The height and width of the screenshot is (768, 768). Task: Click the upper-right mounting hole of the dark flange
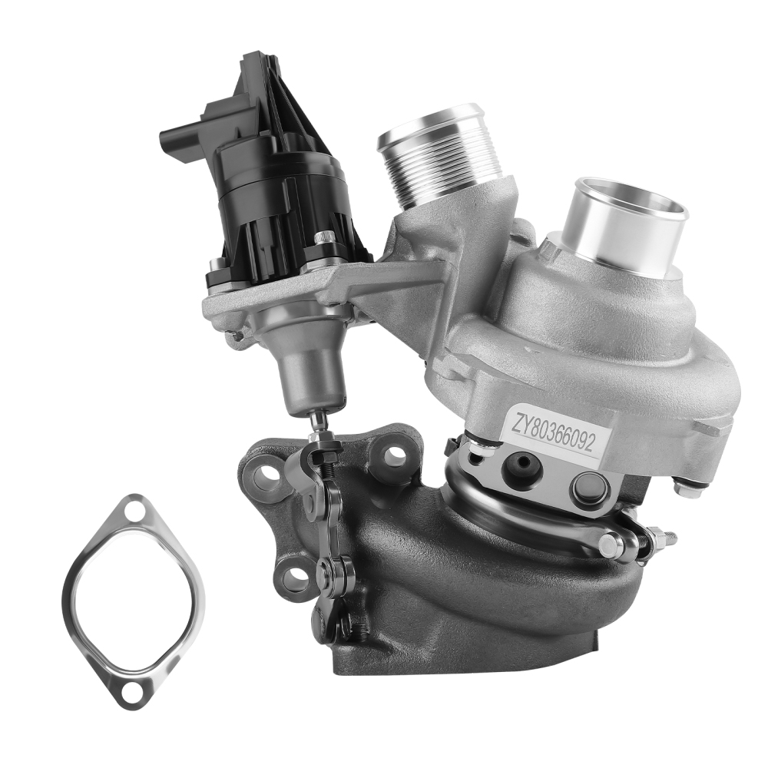(395, 456)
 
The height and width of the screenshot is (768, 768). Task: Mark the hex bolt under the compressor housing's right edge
(686, 486)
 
